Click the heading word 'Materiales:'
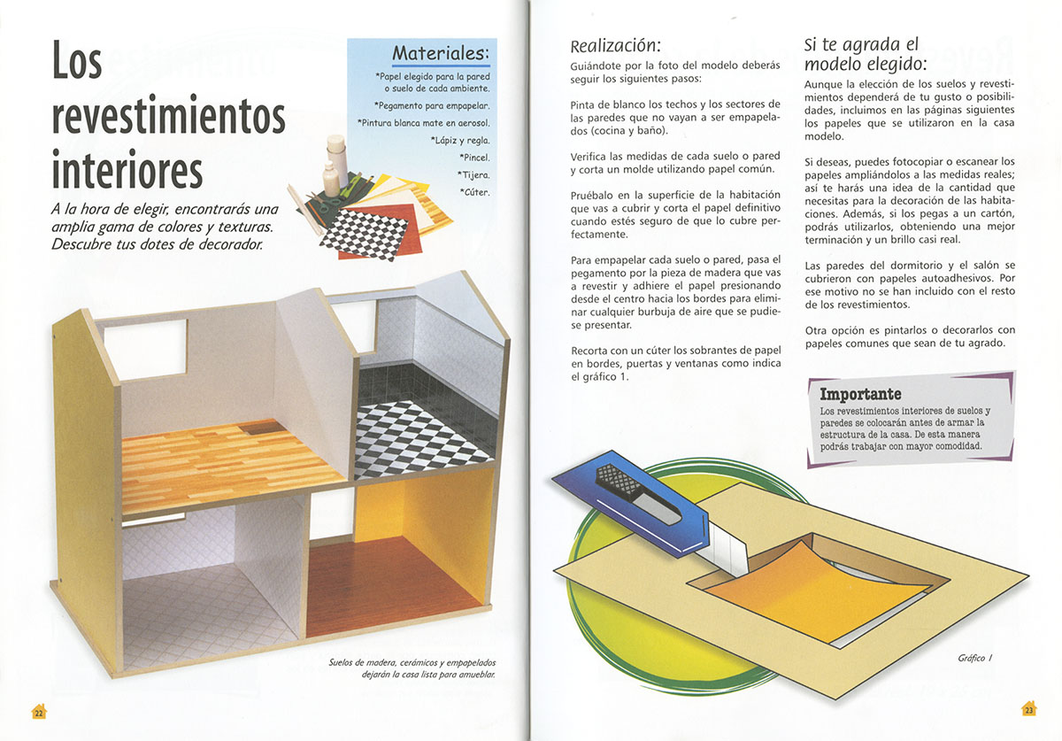click(440, 53)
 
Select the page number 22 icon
click(39, 712)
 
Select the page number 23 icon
click(1028, 709)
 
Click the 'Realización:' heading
click(615, 45)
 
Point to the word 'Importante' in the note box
click(860, 394)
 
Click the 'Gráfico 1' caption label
click(975, 658)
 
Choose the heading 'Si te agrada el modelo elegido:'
click(865, 54)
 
